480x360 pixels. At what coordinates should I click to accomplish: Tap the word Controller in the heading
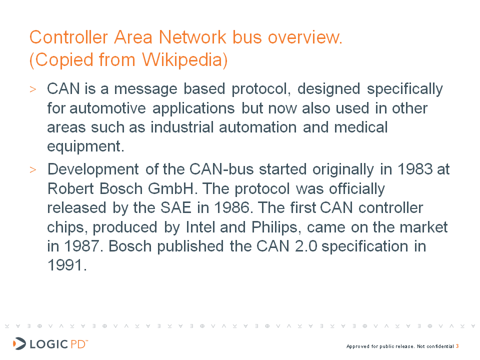pyautogui.click(x=68, y=37)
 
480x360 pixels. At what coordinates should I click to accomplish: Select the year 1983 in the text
pyautogui.click(x=415, y=169)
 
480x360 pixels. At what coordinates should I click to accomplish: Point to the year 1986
pyautogui.click(x=231, y=208)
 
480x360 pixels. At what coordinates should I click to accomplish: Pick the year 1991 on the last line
pyautogui.click(x=65, y=265)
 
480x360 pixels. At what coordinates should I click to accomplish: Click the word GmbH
pyautogui.click(x=171, y=188)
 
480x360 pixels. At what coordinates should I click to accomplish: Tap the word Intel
pyautogui.click(x=200, y=227)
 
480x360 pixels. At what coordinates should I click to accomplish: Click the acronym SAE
pyautogui.click(x=176, y=208)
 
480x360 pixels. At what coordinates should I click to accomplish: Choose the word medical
pyautogui.click(x=361, y=127)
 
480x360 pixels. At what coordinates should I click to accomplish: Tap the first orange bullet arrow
pyautogui.click(x=33, y=89)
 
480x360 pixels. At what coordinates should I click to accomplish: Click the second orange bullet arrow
pyautogui.click(x=33, y=169)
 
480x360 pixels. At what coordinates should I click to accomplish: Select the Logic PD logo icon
pyautogui.click(x=19, y=344)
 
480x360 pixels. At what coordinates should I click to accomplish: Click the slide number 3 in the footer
pyautogui.click(x=457, y=346)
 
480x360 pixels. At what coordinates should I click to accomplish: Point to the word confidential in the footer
pyautogui.click(x=440, y=346)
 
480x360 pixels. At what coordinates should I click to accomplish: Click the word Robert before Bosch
pyautogui.click(x=70, y=188)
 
